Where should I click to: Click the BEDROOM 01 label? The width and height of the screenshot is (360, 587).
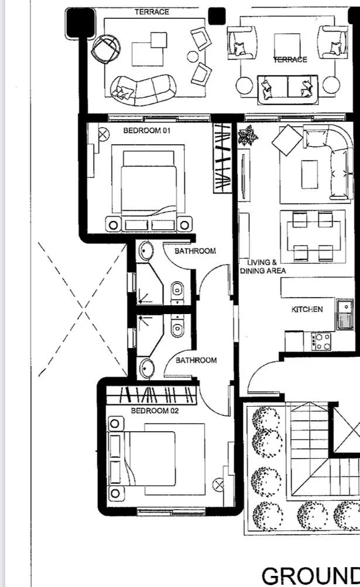point(147,131)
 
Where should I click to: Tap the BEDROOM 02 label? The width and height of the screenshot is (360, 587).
point(155,411)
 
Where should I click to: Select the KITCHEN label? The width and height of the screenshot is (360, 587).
point(307,309)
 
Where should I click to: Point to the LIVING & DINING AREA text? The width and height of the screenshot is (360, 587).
point(263,267)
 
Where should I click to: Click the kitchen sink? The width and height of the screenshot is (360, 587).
point(345,314)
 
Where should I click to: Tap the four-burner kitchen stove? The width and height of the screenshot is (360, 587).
point(321,342)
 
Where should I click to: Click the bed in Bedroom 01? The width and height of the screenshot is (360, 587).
point(149,187)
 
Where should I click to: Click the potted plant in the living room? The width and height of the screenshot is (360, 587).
point(248,135)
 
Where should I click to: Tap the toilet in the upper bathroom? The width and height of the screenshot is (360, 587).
point(177,290)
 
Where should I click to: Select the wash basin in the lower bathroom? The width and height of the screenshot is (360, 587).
point(146,368)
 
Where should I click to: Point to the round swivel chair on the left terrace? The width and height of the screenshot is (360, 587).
point(107,49)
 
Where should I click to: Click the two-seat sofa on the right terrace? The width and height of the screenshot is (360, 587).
point(287,90)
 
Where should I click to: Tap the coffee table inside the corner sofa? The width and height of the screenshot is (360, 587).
point(310,175)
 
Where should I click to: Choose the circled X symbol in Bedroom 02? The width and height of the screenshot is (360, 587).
point(218,485)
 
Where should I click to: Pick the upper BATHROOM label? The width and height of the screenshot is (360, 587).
point(195,251)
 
